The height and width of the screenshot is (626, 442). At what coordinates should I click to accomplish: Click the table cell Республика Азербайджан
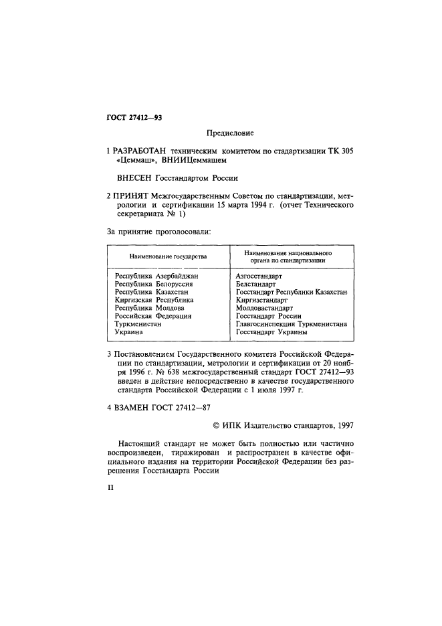(157, 276)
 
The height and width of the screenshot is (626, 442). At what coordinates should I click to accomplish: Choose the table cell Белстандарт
(257, 284)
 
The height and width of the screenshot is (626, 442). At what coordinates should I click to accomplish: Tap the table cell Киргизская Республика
(154, 300)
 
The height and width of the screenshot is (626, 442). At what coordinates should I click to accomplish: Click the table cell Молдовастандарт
(265, 308)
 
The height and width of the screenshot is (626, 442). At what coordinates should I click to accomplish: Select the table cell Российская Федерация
(154, 316)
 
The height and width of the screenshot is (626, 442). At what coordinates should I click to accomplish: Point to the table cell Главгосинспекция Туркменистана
(291, 324)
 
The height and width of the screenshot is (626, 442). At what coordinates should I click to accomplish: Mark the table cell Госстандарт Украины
(271, 332)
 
